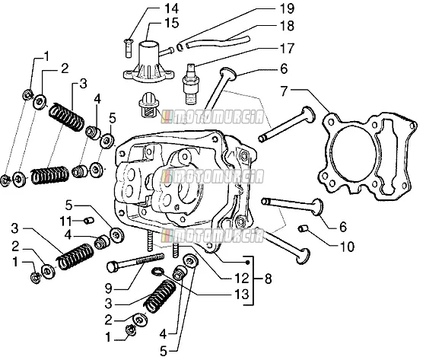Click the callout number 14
coord(171,8)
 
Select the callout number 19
coord(288,8)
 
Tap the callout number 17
coord(288,49)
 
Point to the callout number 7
coord(285,91)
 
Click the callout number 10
coord(347,247)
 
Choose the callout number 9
coord(109,288)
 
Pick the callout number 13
coord(242,295)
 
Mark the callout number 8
coord(268,279)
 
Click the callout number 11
coord(65,221)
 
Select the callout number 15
coord(172,23)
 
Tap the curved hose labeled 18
coord(218,42)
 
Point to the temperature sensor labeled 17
coord(191,84)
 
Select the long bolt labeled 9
coord(136,262)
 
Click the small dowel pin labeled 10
coord(303,228)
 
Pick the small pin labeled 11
coord(88,220)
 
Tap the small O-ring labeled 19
coord(180,46)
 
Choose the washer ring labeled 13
coord(158,272)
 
